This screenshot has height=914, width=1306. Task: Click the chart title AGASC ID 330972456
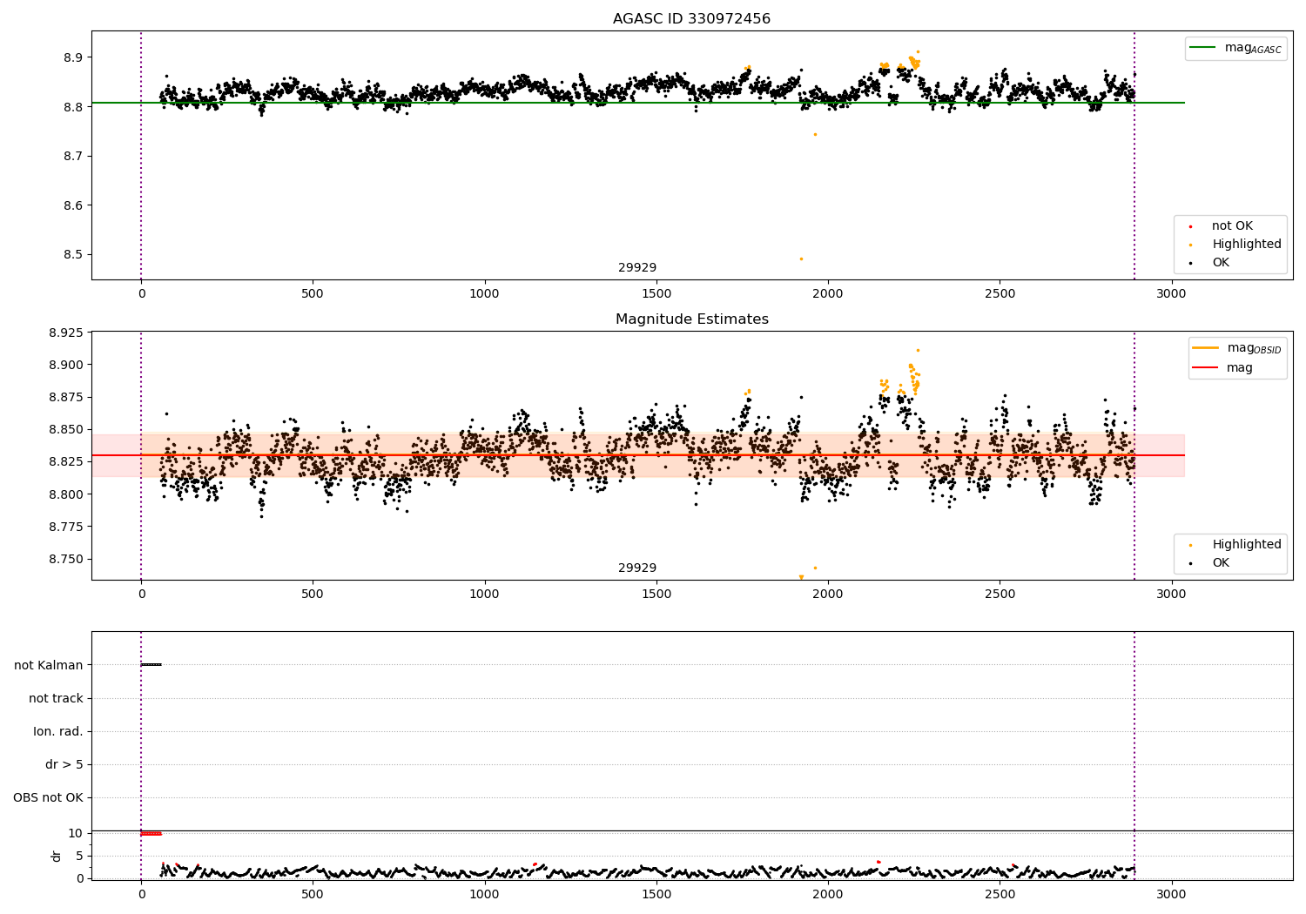coord(691,18)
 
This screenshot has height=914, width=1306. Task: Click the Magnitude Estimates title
coord(691,319)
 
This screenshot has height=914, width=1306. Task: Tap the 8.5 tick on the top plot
coord(71,255)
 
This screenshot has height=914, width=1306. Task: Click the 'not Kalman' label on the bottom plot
coord(49,665)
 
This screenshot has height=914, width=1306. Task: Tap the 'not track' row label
coord(56,698)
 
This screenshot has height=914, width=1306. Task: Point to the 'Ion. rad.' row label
coord(58,731)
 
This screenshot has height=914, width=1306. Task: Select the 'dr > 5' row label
coord(64,764)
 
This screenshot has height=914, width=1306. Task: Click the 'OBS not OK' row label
coord(48,797)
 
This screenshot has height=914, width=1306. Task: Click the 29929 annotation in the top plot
coord(637,267)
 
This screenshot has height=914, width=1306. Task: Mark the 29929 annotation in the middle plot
coord(637,568)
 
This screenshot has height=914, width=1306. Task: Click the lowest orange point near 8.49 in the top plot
coord(801,259)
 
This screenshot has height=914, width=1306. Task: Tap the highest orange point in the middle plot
coord(918,350)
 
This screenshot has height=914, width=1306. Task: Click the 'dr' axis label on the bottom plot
coord(57,856)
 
